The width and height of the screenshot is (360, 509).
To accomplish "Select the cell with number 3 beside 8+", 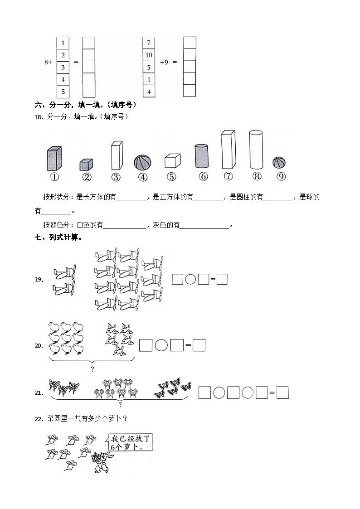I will (x=63, y=68).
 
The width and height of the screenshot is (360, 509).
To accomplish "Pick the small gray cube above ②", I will (x=86, y=165).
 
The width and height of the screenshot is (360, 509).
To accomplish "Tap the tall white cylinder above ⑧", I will (x=256, y=150).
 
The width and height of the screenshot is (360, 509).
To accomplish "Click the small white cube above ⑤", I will (x=172, y=161).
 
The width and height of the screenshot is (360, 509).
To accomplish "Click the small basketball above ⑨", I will (x=280, y=163).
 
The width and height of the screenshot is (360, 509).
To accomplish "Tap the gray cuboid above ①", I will (x=54, y=158).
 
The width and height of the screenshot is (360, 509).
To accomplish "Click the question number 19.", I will (x=39, y=280).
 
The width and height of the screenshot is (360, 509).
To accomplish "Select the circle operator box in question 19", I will (x=190, y=280).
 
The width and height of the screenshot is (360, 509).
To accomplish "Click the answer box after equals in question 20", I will (x=199, y=345).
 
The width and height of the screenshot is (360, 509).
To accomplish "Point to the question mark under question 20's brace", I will (x=92, y=369).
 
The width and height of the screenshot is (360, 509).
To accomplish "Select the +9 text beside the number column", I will (x=164, y=63).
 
